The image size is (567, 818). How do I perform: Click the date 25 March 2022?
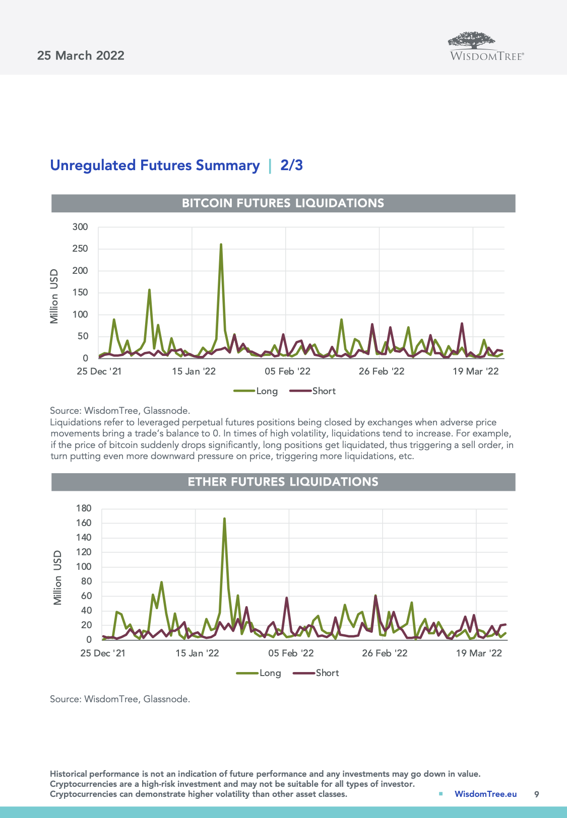coord(81,55)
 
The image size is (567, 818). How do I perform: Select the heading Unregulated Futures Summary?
coord(155,165)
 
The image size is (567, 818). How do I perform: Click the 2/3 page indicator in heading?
coord(291,165)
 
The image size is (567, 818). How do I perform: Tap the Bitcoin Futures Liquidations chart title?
coord(283,203)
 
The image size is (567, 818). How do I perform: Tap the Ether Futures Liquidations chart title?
coord(283,482)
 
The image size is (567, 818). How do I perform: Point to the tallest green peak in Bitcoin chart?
coord(221,245)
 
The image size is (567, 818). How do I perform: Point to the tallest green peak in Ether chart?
coord(224,519)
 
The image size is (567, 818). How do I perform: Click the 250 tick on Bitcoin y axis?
coord(80,249)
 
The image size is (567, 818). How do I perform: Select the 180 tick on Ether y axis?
coord(84,508)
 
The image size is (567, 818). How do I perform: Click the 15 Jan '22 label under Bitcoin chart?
coord(194,371)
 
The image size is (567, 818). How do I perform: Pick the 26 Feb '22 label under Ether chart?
coord(385,653)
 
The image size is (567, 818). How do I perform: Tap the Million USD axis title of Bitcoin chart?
coord(54,296)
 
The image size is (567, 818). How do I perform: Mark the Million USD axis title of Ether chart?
coord(58,577)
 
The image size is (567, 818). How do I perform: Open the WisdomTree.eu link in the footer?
coord(485,794)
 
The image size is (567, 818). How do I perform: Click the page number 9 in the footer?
coord(536,794)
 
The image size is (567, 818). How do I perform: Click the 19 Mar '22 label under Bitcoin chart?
coord(475,371)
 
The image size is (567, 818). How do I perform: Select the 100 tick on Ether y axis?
coord(84,567)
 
